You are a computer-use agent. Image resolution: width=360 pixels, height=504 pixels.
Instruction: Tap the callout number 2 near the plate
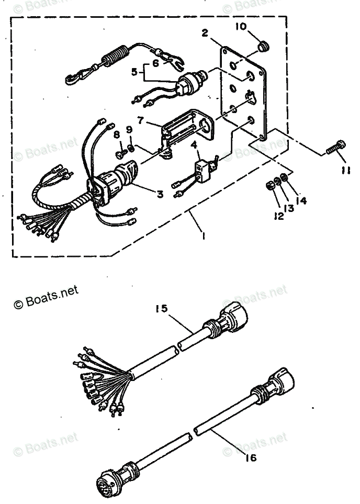[x=205, y=34]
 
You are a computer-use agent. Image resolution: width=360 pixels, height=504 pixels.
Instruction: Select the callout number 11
[x=346, y=170]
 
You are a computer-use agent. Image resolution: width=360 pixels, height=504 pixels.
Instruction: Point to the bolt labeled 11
[x=333, y=147]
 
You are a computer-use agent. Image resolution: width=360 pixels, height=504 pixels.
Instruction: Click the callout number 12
[x=277, y=215]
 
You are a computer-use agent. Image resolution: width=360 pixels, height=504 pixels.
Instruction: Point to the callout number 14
[x=301, y=200]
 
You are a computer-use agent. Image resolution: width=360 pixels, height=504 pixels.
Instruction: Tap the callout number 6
[x=155, y=62]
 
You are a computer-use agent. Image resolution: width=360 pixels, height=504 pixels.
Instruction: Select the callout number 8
[x=117, y=135]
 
